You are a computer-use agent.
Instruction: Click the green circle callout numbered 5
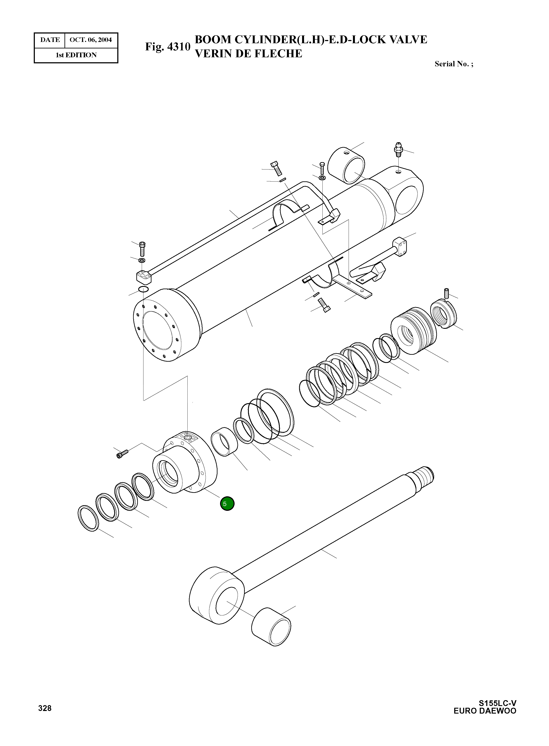click(x=227, y=504)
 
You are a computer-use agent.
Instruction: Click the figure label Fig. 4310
click(x=167, y=47)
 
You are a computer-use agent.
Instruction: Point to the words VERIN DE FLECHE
click(x=248, y=53)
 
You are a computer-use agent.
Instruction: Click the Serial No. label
click(x=454, y=64)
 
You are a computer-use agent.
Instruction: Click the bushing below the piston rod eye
click(x=271, y=627)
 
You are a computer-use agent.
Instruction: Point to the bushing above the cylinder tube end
click(x=346, y=165)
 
